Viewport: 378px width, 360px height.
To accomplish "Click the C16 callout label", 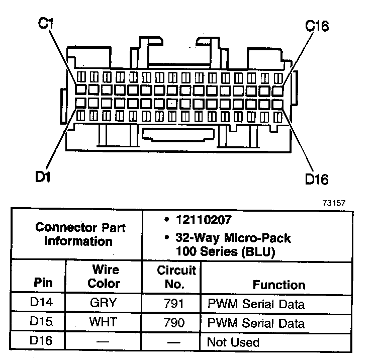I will click(x=317, y=26).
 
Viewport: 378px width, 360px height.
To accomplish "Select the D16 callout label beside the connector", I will click(x=317, y=178).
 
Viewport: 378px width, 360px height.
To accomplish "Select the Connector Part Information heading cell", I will click(x=80, y=234).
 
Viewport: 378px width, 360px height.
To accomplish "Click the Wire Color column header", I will click(x=104, y=277).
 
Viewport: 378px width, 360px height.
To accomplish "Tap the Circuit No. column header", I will click(x=173, y=277).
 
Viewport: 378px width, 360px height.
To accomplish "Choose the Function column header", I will click(x=279, y=285).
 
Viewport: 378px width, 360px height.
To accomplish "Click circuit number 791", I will click(x=173, y=304).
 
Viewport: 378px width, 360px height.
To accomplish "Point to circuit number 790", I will click(x=173, y=322).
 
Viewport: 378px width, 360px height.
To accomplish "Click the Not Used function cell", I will click(x=233, y=342).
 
